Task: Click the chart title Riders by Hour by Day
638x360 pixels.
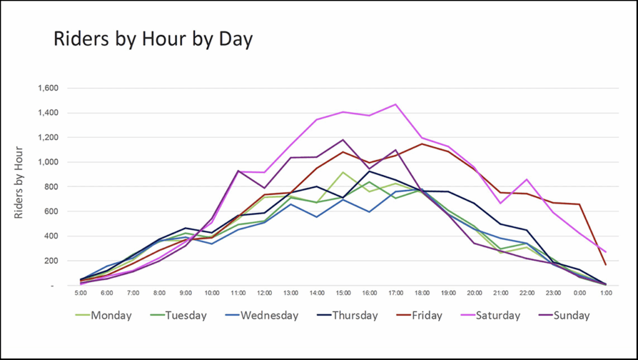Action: (x=153, y=39)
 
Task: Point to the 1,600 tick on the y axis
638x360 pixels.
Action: (x=48, y=88)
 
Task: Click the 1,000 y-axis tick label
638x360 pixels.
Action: (x=48, y=162)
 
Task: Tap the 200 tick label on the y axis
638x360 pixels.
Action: (x=52, y=261)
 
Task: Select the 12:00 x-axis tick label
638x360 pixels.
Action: (x=265, y=293)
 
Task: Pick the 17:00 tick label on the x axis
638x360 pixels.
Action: (x=396, y=293)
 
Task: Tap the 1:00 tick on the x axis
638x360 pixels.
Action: (x=605, y=293)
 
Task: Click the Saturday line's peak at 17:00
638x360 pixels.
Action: (x=396, y=104)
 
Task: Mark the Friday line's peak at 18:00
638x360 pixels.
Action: (x=422, y=144)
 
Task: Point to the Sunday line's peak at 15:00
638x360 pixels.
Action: (x=343, y=140)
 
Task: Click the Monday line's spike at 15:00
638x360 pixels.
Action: (x=343, y=172)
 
